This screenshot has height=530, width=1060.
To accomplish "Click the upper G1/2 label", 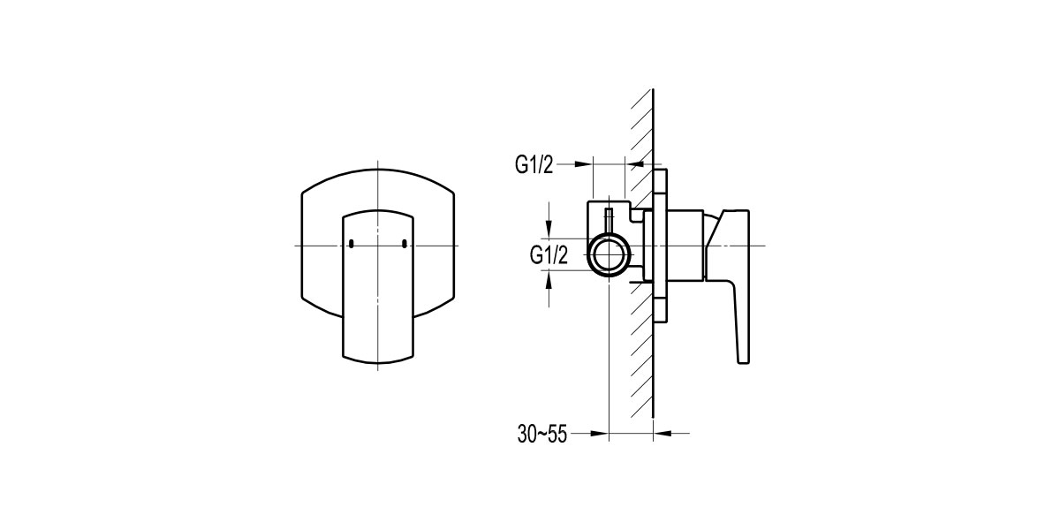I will coord(534,164).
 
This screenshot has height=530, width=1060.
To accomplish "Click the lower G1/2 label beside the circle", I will coord(548,255).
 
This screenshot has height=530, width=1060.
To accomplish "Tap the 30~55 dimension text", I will coord(542,434).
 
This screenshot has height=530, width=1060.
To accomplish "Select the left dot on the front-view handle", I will coord(351,244).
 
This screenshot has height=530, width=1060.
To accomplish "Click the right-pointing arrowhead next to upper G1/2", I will coord(584,163).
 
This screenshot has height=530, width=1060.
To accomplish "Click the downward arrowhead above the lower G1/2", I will coord(549,231).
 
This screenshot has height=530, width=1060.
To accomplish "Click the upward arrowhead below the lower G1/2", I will coord(549,277).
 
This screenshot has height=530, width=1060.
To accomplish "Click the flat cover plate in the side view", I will coord(661,247).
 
